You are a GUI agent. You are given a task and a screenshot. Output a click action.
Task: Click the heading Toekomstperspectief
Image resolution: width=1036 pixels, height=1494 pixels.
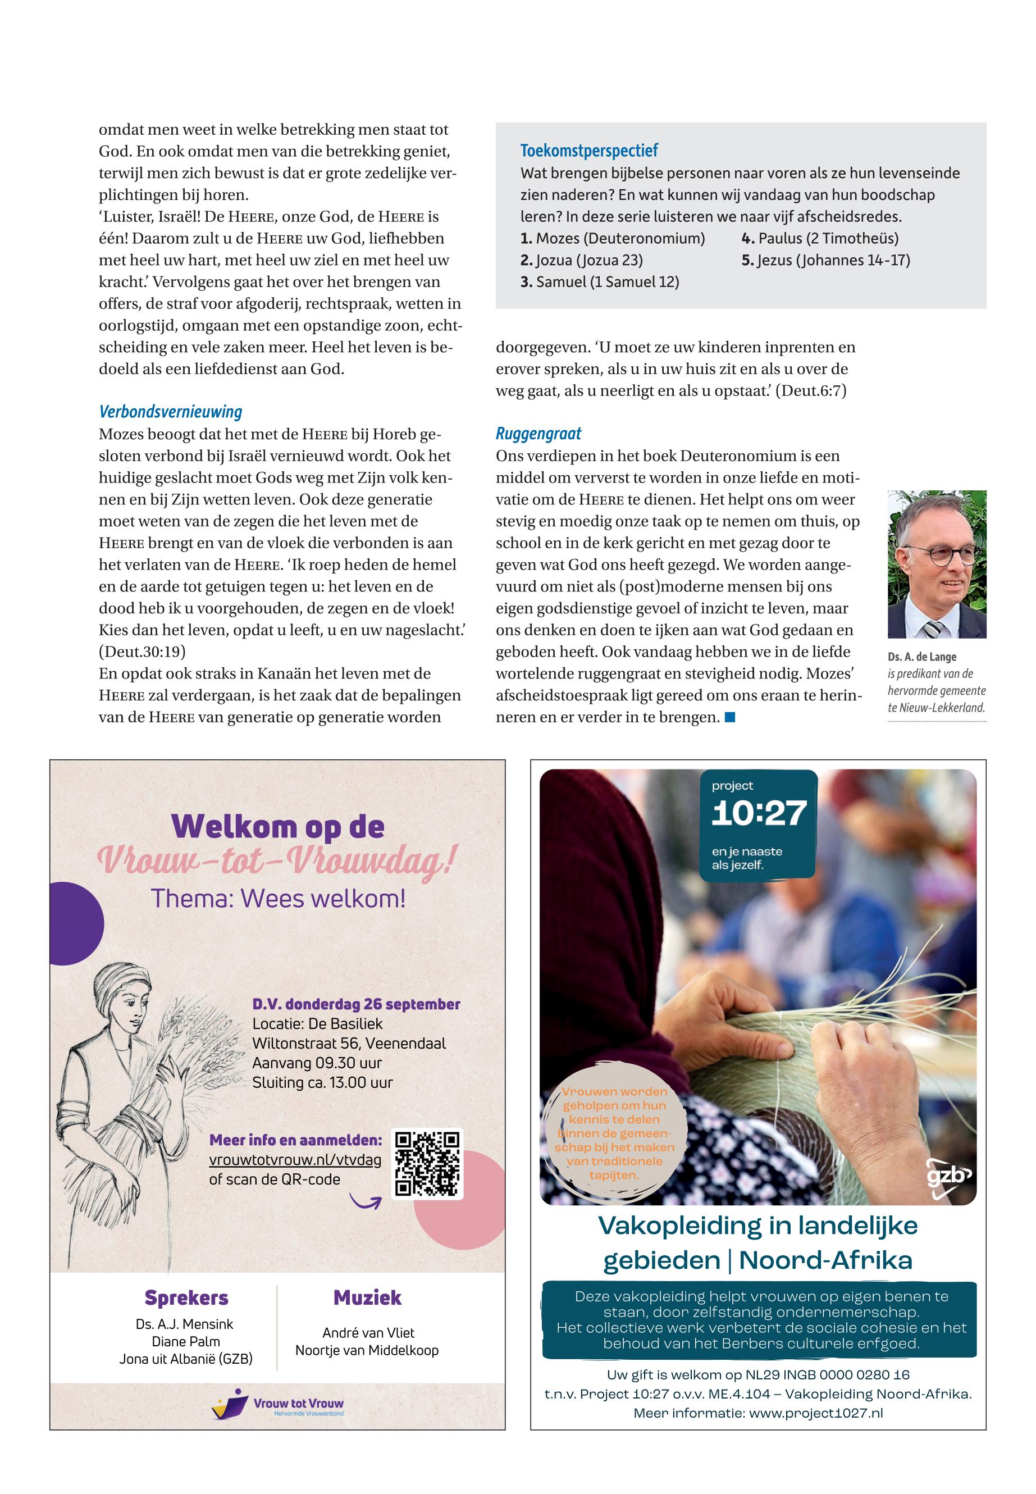coord(589,151)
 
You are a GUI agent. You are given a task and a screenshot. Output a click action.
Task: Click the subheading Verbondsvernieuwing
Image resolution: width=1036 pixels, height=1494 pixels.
coord(170,412)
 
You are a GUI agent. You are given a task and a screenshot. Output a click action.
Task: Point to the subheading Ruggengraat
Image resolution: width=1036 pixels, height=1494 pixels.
coord(538,434)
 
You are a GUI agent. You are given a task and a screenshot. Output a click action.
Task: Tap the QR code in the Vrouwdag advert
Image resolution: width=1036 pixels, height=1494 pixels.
coord(427,1163)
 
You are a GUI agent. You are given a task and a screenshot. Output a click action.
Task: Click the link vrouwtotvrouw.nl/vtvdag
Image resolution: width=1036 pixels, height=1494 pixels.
coord(295,1160)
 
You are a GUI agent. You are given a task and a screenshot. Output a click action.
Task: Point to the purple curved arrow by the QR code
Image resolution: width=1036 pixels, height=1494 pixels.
coord(365,1200)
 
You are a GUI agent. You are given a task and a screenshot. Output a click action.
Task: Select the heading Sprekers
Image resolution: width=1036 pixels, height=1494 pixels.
coord(186,1298)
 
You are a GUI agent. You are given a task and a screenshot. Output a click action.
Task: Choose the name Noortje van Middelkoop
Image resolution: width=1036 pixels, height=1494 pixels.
coord(367,1351)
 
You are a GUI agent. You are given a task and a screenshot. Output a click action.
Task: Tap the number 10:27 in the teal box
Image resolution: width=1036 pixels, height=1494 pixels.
coord(759,813)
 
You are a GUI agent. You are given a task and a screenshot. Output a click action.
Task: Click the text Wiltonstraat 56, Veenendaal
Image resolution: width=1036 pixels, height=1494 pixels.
coord(349,1044)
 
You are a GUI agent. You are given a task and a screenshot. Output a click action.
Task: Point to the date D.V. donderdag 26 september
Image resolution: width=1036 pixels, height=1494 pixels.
coord(355,1004)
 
